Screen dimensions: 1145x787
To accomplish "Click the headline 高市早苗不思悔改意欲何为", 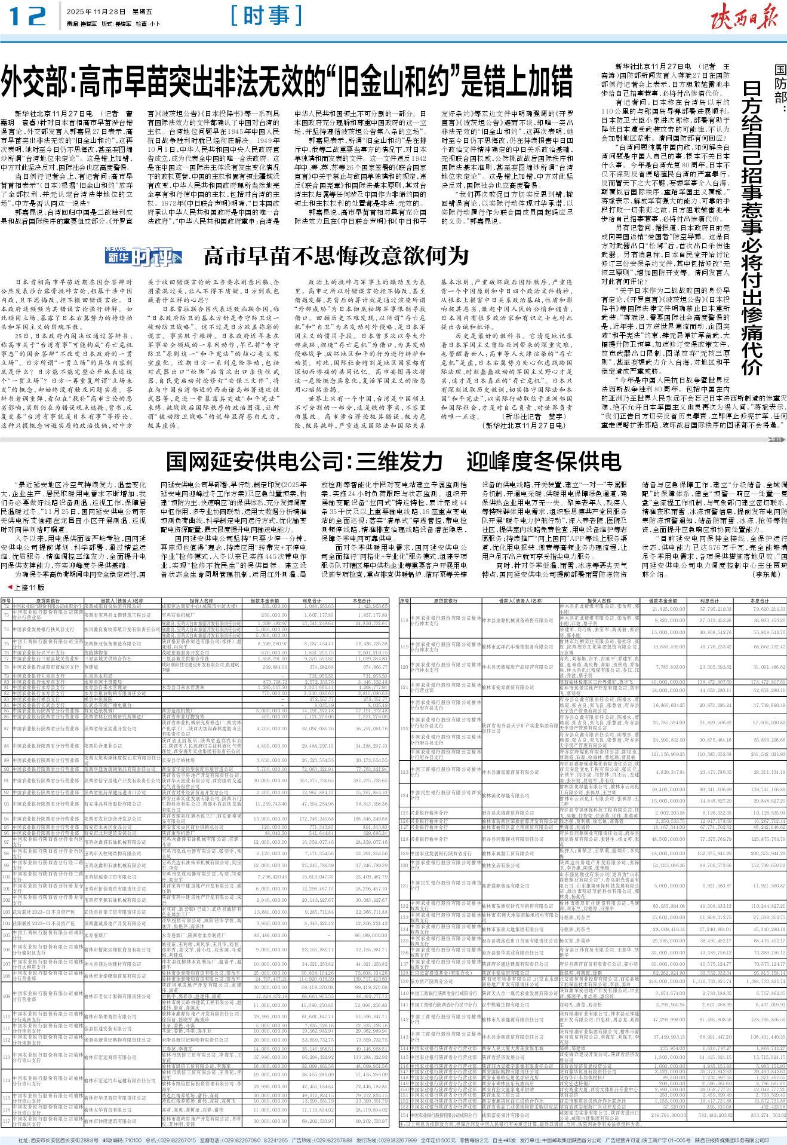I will (336, 256).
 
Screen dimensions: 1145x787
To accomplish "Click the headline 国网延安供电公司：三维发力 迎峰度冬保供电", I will (393, 461).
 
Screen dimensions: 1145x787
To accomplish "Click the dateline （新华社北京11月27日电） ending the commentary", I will (522, 425).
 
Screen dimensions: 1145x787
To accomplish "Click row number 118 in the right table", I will (404, 620).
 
